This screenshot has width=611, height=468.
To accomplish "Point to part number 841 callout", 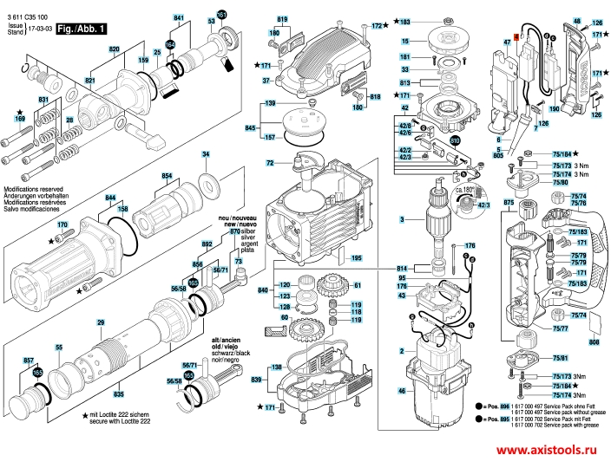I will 179,18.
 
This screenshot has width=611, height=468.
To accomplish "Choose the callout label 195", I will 356,258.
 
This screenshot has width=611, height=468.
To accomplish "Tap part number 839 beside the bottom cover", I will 256,380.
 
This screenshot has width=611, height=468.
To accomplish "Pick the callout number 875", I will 509,202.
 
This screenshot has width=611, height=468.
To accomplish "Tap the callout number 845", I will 251,127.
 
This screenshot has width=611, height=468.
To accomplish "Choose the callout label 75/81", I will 559,358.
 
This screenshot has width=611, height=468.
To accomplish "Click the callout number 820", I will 113,51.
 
